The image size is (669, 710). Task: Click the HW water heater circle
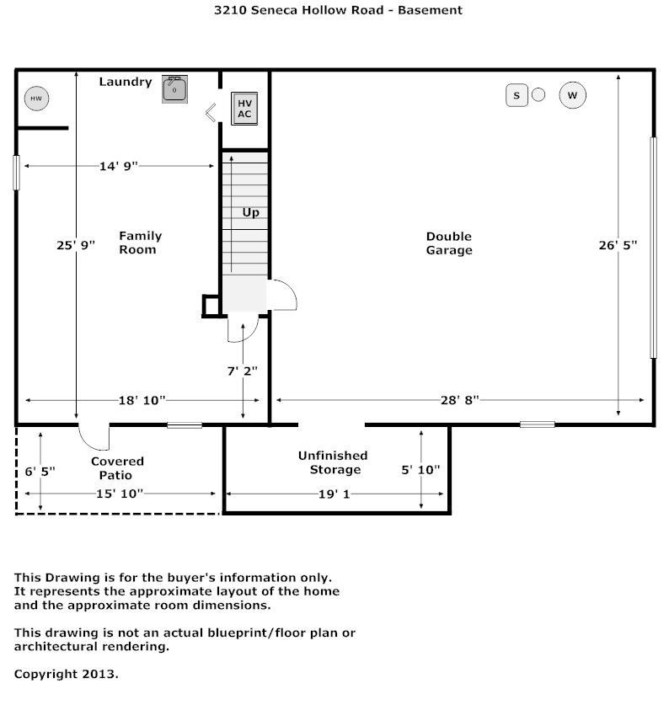point(36,99)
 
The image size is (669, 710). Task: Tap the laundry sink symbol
point(175,89)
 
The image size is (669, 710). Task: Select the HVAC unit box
point(244,109)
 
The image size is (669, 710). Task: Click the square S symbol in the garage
point(516,95)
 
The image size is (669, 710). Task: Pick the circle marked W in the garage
point(572,95)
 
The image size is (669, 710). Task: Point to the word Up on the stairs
point(250,212)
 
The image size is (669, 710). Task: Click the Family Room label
point(140,243)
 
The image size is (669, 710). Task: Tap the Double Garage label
point(449,243)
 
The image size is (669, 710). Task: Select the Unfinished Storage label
point(333,462)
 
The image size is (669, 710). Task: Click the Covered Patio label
point(117,468)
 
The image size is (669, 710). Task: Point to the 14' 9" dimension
point(118,166)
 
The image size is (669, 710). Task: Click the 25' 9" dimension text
point(76,245)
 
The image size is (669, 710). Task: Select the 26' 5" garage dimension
point(618,245)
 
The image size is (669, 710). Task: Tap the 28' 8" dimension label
point(460,400)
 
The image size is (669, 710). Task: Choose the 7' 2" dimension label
point(243,371)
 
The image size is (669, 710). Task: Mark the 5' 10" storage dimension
point(420,470)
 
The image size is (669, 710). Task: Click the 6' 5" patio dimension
point(40,472)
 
